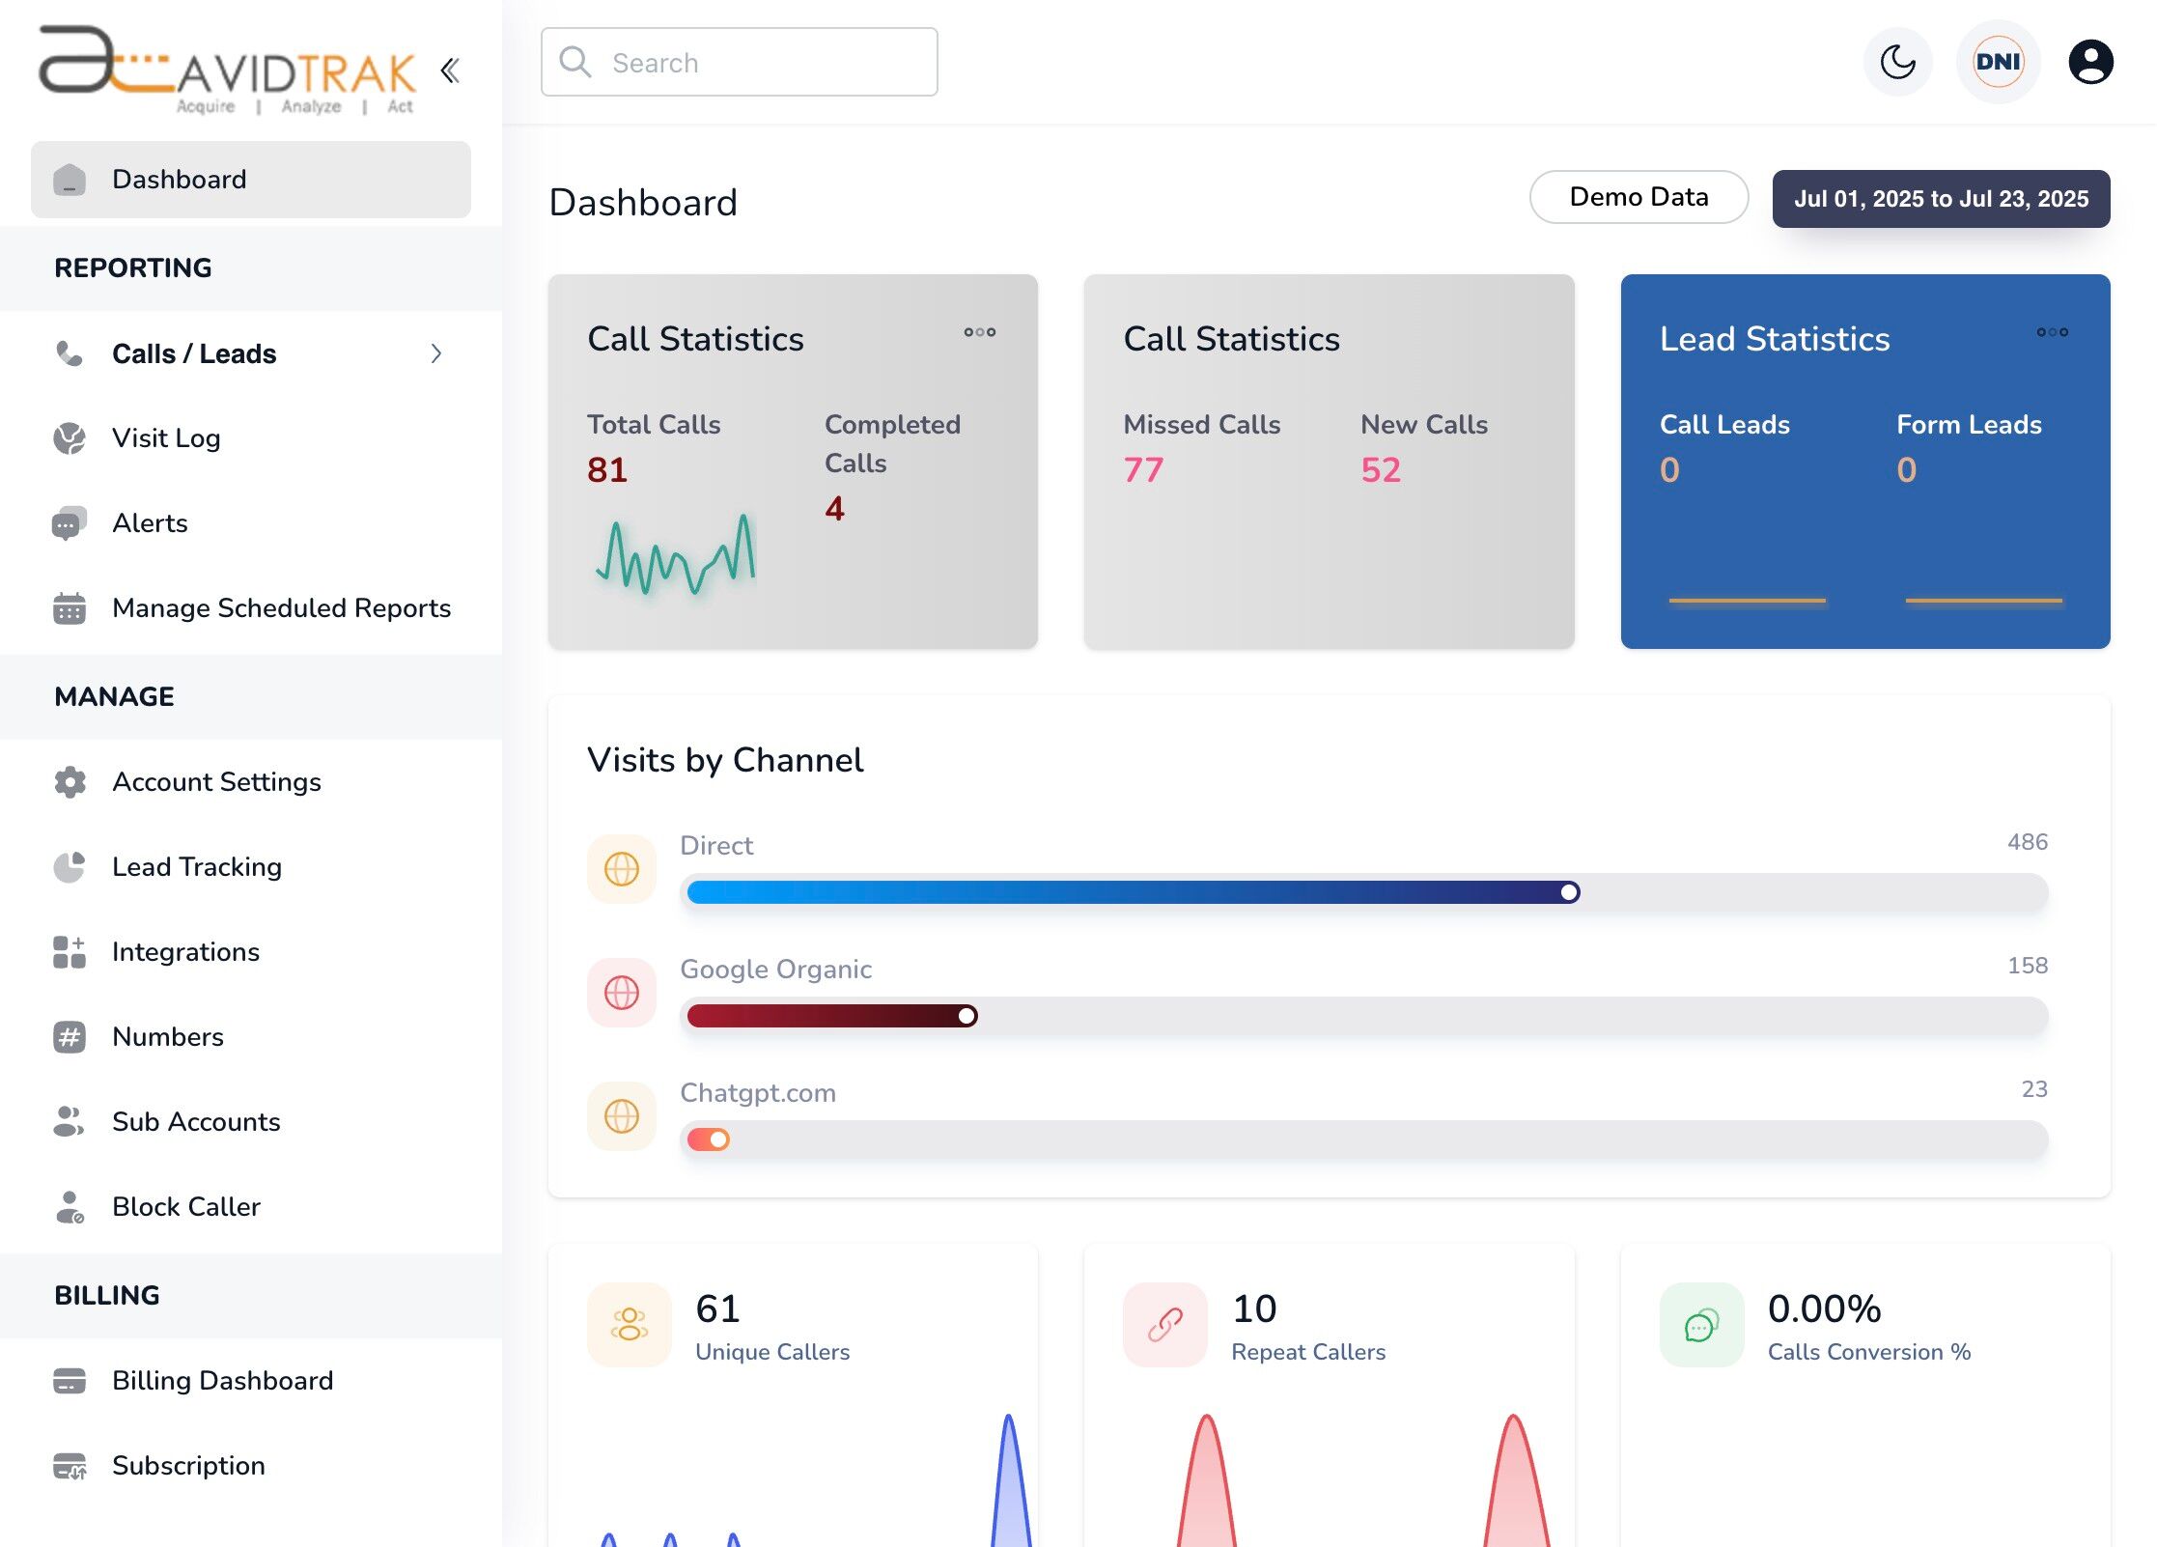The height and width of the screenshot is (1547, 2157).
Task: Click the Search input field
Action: click(x=739, y=63)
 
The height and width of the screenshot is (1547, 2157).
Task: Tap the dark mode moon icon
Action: click(x=1897, y=63)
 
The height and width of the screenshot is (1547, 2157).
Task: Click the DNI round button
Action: click(x=1998, y=63)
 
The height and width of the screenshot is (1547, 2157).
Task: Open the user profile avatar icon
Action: click(x=2090, y=63)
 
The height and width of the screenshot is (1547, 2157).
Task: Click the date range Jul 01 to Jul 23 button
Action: click(x=1941, y=199)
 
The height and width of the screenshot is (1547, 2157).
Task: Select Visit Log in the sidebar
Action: click(x=166, y=438)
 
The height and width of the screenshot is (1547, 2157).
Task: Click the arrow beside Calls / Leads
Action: click(x=436, y=353)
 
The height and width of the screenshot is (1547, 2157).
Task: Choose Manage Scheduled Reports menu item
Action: click(x=281, y=608)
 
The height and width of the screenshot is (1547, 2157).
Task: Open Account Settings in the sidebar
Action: click(x=216, y=782)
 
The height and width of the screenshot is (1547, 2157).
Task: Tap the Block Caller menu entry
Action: click(x=186, y=1207)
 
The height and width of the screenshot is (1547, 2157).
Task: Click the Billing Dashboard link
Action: click(x=222, y=1381)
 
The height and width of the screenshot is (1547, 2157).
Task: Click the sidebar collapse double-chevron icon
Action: click(x=450, y=70)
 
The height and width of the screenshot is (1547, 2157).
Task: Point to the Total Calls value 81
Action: click(x=607, y=470)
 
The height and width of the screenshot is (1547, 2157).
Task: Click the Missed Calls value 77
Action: click(x=1143, y=470)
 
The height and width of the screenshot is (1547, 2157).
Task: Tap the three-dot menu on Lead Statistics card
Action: click(x=2052, y=332)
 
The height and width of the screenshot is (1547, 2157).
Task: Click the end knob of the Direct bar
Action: click(x=1570, y=892)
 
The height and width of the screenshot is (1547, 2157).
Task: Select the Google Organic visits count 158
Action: click(x=2027, y=966)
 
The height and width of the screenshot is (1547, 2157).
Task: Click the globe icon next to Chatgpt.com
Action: click(x=622, y=1116)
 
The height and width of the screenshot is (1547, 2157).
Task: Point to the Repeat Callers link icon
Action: click(x=1165, y=1325)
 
